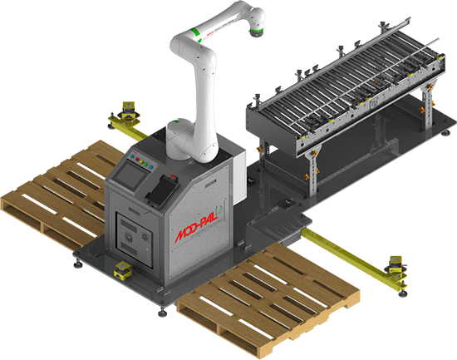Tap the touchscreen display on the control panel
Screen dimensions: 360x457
click(127, 173)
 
